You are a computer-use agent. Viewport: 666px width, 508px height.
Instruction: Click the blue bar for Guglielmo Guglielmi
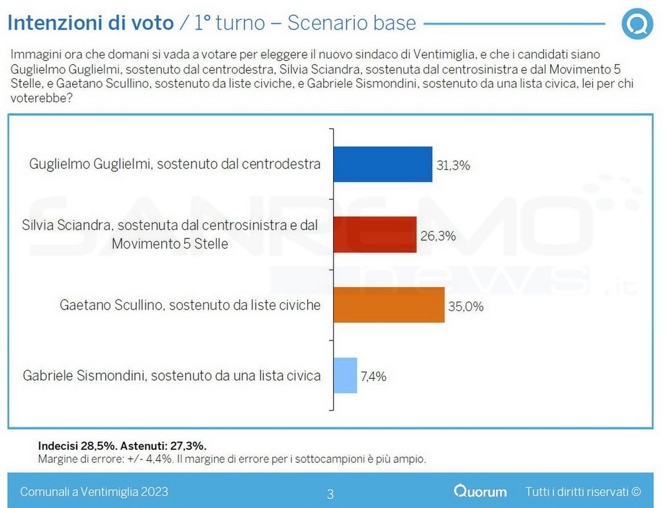382,164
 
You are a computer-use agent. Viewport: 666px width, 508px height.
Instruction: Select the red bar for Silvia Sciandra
375,234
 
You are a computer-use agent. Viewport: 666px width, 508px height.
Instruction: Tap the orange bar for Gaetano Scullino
389,305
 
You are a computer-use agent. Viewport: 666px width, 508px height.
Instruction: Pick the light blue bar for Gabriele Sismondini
345,375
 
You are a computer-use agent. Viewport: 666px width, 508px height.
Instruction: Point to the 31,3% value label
453,165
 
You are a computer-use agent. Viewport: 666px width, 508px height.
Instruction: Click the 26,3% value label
438,235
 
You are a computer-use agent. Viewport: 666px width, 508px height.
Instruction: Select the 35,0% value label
467,306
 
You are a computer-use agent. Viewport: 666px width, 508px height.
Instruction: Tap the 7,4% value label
373,376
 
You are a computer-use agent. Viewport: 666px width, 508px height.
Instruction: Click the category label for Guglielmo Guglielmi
175,164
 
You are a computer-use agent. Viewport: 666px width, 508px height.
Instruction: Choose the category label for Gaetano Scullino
190,305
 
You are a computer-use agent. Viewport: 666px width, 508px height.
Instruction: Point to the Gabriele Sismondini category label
171,376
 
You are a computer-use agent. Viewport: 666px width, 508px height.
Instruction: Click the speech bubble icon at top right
637,24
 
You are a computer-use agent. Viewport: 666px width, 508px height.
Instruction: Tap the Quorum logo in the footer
481,491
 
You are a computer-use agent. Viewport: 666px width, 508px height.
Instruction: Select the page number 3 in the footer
330,493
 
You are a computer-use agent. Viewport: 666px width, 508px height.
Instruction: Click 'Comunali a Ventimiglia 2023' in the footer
94,491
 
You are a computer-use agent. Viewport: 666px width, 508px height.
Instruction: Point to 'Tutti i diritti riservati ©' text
583,491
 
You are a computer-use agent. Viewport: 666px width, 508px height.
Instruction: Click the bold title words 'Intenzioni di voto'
90,23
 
